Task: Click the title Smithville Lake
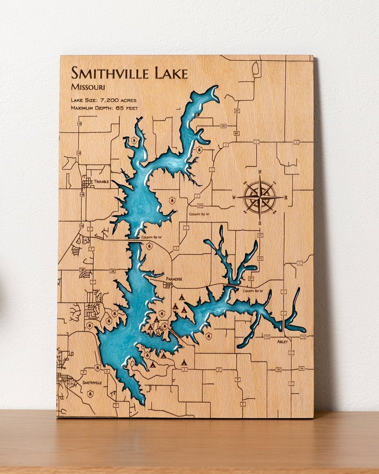(x=129, y=74)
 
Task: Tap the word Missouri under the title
(x=88, y=87)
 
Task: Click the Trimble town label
(x=101, y=181)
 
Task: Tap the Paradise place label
(x=174, y=279)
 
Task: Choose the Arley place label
(x=282, y=342)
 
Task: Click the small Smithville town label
(x=92, y=383)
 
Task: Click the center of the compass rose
(x=259, y=197)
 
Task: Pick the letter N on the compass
(x=259, y=172)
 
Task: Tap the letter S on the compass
(x=260, y=223)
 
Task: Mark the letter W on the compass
(x=234, y=198)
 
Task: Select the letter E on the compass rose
(x=286, y=198)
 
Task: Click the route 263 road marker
(x=223, y=126)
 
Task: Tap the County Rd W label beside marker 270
(x=199, y=214)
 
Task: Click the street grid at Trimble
(x=87, y=182)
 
